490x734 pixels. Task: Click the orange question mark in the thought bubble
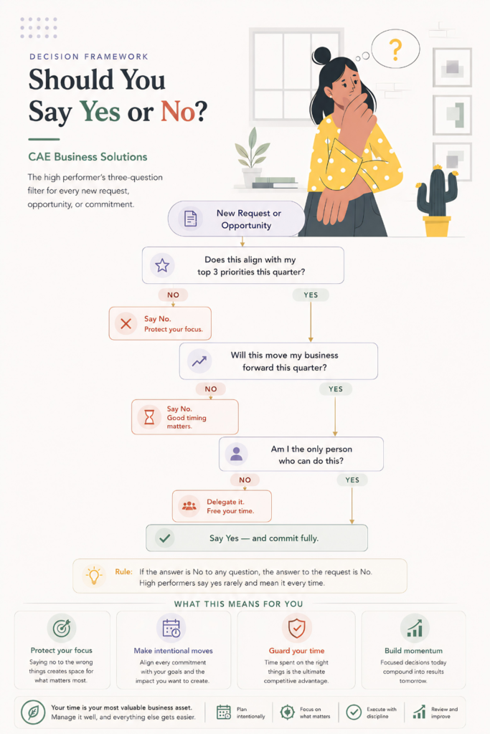coord(396,49)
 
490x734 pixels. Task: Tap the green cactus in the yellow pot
coord(437,192)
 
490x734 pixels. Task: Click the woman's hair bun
coord(322,55)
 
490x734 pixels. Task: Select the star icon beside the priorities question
coord(162,265)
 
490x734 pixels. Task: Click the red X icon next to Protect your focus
coord(126,323)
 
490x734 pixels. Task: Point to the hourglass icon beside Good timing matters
coord(149,416)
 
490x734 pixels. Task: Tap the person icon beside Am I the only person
coord(237,454)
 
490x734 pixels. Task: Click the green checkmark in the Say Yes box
coord(164,538)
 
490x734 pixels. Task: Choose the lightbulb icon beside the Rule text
coord(94,576)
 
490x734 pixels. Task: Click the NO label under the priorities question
coord(174,295)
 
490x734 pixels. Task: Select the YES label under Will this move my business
coord(336,389)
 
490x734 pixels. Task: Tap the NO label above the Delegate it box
coord(245,480)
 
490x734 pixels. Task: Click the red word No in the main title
coord(178,111)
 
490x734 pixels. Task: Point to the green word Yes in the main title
coord(100,111)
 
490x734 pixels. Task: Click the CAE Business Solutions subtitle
coord(88,157)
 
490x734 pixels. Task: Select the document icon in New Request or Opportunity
coord(190,219)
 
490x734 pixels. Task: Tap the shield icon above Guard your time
coord(296,628)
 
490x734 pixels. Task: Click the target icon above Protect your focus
coord(62,628)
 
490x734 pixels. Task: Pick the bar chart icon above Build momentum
coord(415,628)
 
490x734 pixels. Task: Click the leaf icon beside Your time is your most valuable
coord(33,712)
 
